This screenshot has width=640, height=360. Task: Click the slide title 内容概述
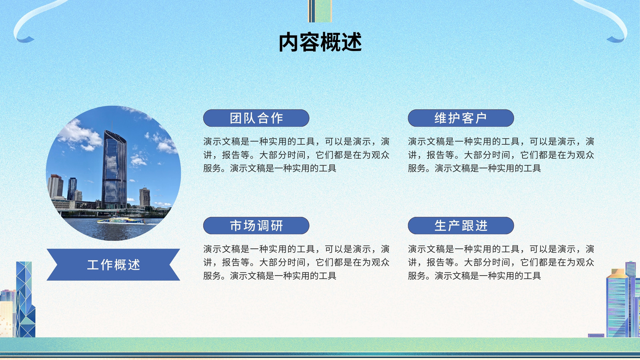click(x=320, y=42)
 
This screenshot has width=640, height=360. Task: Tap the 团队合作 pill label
click(x=256, y=118)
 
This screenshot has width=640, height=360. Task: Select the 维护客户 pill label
click(x=461, y=118)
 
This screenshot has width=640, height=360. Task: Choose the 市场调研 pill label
click(x=256, y=226)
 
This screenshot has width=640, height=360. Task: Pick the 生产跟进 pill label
click(x=461, y=226)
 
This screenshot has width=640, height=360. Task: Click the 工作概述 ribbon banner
click(x=114, y=264)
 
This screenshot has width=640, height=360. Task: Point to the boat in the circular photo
click(x=121, y=220)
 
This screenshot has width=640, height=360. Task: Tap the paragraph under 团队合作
click(x=296, y=155)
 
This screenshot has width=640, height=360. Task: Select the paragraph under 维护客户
click(x=501, y=155)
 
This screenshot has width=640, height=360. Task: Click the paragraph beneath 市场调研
click(x=296, y=262)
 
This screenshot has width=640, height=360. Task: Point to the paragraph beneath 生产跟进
click(x=501, y=262)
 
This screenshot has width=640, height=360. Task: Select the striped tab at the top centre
click(x=320, y=11)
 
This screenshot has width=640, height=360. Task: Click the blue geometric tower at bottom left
click(x=26, y=300)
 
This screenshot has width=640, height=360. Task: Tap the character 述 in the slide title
click(x=352, y=42)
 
